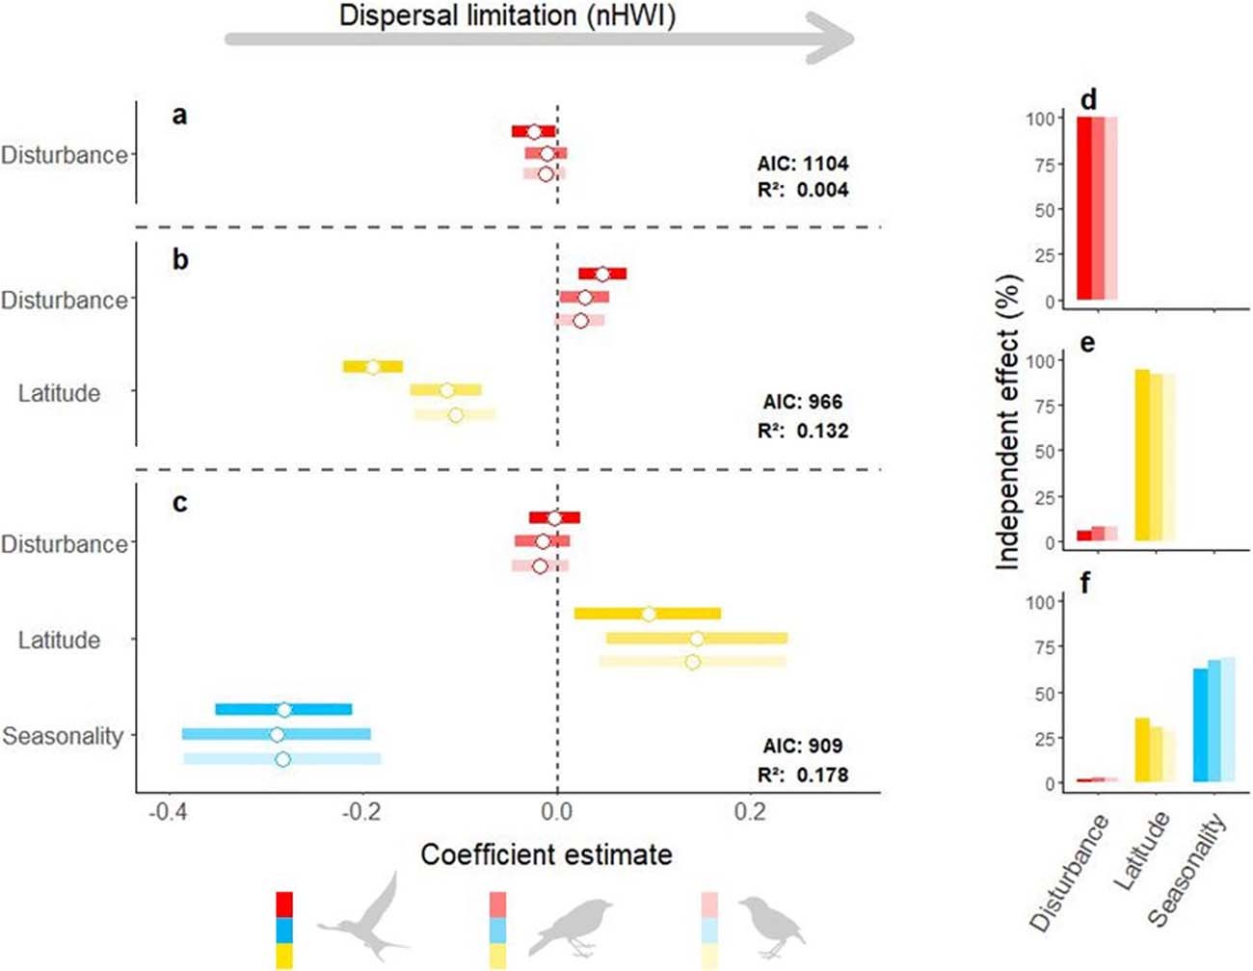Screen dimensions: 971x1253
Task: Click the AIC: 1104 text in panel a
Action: pyautogui.click(x=802, y=163)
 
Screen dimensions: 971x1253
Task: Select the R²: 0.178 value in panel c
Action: pyautogui.click(x=802, y=774)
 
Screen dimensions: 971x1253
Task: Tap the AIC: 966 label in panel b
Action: pyautogui.click(x=802, y=402)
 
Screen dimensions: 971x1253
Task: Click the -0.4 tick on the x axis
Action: pyautogui.click(x=169, y=812)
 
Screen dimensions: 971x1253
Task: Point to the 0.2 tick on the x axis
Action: pyautogui.click(x=750, y=812)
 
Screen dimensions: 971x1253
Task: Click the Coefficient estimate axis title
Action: pyautogui.click(x=547, y=854)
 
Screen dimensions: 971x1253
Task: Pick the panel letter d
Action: pyautogui.click(x=1087, y=100)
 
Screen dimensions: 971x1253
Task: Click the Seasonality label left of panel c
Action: pyautogui.click(x=64, y=737)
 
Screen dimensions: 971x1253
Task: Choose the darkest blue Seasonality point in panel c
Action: pyautogui.click(x=283, y=710)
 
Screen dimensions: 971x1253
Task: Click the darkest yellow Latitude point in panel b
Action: pyautogui.click(x=373, y=367)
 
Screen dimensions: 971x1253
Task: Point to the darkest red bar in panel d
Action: pyautogui.click(x=1083, y=207)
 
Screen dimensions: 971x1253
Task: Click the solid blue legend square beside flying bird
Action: pyautogui.click(x=284, y=930)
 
